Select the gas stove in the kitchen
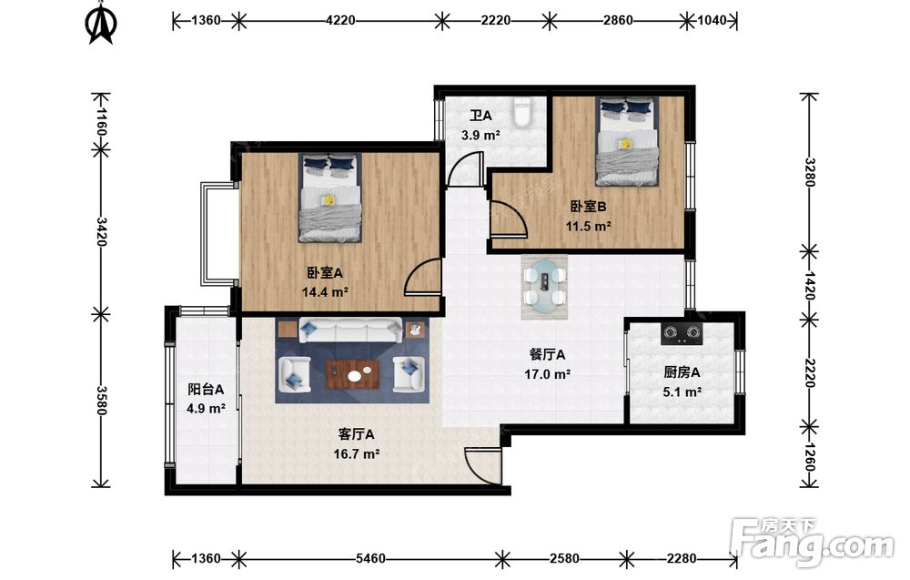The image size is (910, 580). click(682, 332)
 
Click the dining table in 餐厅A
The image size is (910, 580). click(545, 287)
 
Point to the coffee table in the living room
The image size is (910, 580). click(353, 374)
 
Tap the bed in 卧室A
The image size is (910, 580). click(329, 198)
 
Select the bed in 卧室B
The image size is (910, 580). click(627, 141)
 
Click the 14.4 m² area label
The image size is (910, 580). click(325, 292)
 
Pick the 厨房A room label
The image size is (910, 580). click(682, 372)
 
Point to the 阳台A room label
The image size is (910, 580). click(206, 389)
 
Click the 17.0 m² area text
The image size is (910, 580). click(547, 374)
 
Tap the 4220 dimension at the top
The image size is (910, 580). click(340, 20)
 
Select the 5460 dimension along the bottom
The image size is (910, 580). click(370, 558)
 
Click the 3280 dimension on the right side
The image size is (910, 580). click(809, 172)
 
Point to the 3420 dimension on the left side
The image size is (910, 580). click(101, 231)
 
